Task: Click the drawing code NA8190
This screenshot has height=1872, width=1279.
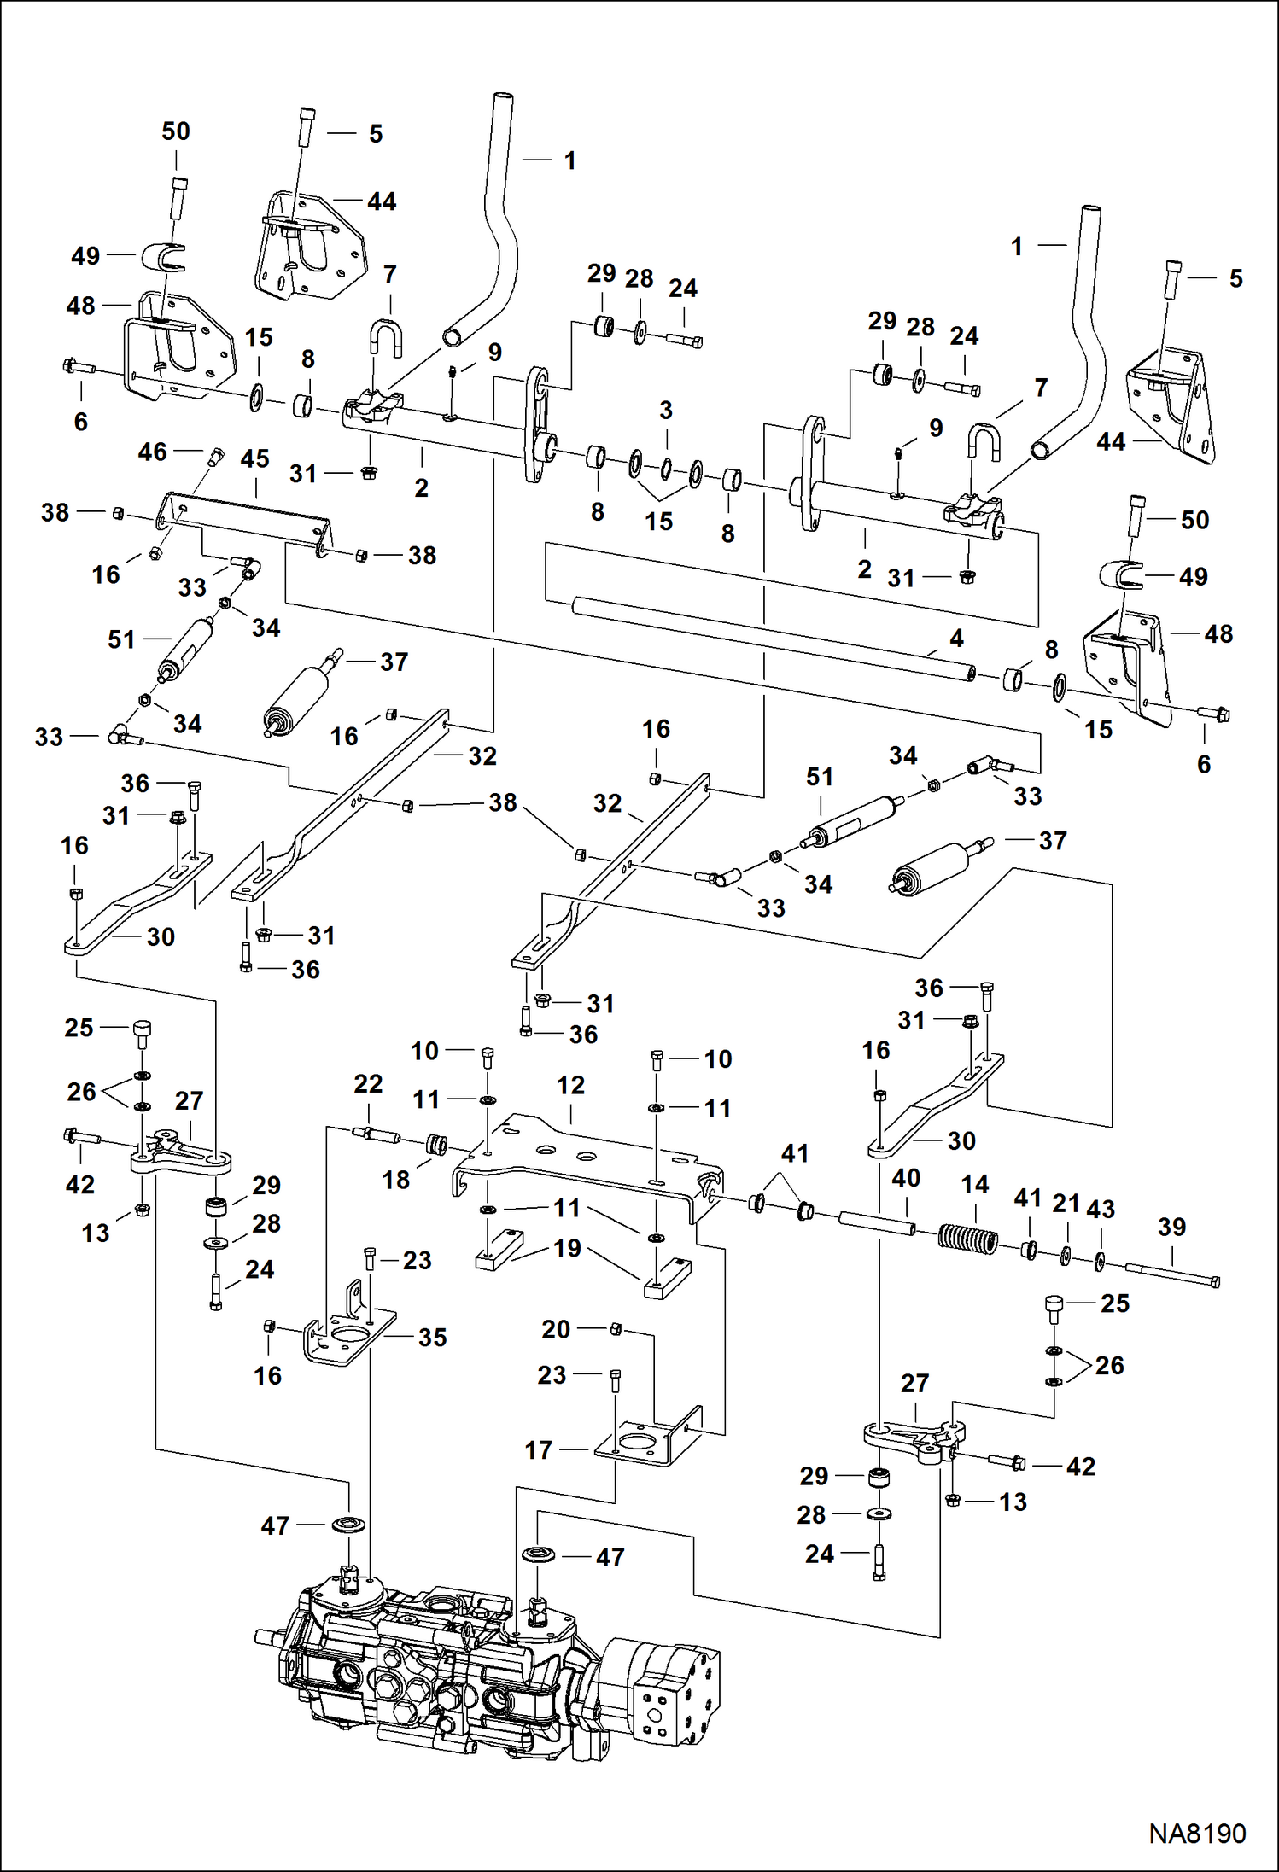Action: coord(1196,1833)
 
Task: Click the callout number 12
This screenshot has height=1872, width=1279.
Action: coord(570,1085)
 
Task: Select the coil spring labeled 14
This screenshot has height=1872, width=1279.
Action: coord(968,1239)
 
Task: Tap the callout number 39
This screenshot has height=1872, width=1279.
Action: coord(1171,1227)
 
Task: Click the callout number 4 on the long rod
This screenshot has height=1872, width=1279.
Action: coord(956,638)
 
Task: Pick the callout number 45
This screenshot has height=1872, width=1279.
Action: coord(254,458)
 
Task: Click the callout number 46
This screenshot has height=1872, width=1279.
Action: coord(152,452)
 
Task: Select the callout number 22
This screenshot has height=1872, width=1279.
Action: coord(368,1083)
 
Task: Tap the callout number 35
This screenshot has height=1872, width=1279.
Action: coord(432,1338)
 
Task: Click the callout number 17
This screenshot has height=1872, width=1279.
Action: coord(539,1449)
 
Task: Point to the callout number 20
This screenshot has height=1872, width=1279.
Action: coord(556,1329)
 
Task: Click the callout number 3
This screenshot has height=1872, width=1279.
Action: coord(666,410)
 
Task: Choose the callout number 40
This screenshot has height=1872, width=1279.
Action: coord(906,1178)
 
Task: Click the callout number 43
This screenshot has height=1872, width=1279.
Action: coord(1101,1209)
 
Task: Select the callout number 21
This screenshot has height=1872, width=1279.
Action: coord(1066,1204)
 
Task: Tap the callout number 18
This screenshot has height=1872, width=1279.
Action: coord(395,1180)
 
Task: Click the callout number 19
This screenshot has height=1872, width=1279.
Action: coord(568,1248)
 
